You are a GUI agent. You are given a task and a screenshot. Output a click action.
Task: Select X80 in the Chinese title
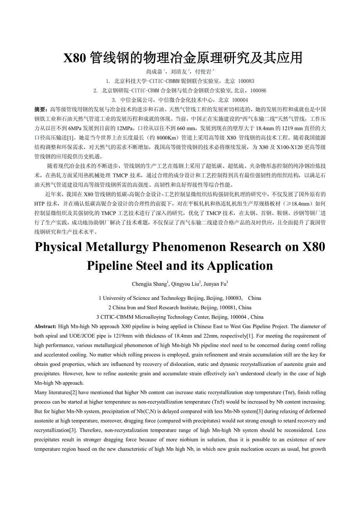coord(74,58)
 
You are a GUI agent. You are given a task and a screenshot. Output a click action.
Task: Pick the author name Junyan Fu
coord(216,284)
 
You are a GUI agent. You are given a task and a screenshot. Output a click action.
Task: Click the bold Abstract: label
coord(45,326)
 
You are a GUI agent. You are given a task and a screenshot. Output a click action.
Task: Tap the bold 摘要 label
coord(40,109)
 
